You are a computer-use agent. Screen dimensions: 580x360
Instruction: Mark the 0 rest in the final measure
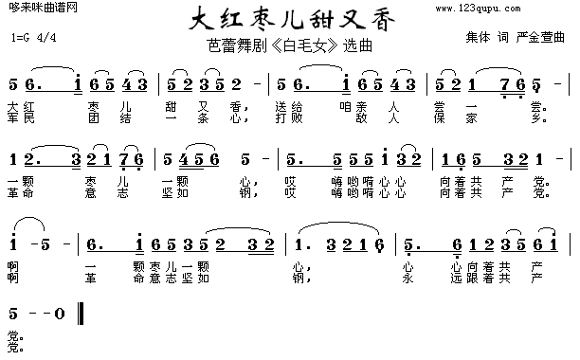[x=60, y=313]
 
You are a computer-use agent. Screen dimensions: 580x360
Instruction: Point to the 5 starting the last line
[x=12, y=313]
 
